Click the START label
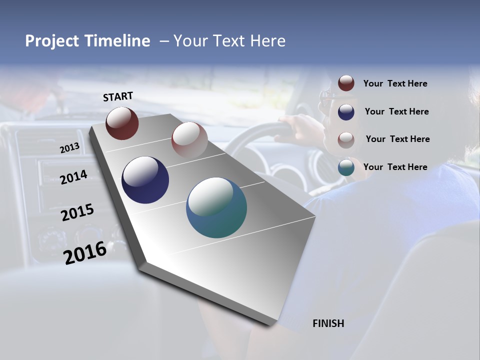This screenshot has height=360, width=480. coord(118,96)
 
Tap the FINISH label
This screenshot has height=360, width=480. coord(328,323)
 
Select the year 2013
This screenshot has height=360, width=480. coord(69,148)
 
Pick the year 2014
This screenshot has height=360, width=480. coord(73,177)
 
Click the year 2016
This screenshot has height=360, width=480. coord(85,253)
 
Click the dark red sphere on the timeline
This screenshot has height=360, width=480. coord(122,123)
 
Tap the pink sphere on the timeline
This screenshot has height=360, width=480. coord(189,139)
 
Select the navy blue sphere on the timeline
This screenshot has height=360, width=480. coord(145,180)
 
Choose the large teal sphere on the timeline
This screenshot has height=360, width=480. coord(216,207)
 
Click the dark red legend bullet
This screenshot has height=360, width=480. coord(346,83)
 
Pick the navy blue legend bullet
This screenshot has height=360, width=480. coord(346,112)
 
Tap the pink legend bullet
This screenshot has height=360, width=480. coord(346,139)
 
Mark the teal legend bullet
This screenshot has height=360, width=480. coord(346,167)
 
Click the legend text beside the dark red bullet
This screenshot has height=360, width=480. coord(395,83)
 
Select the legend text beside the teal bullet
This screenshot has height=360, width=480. coord(395,167)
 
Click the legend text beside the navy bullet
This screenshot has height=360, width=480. coord(396,111)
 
